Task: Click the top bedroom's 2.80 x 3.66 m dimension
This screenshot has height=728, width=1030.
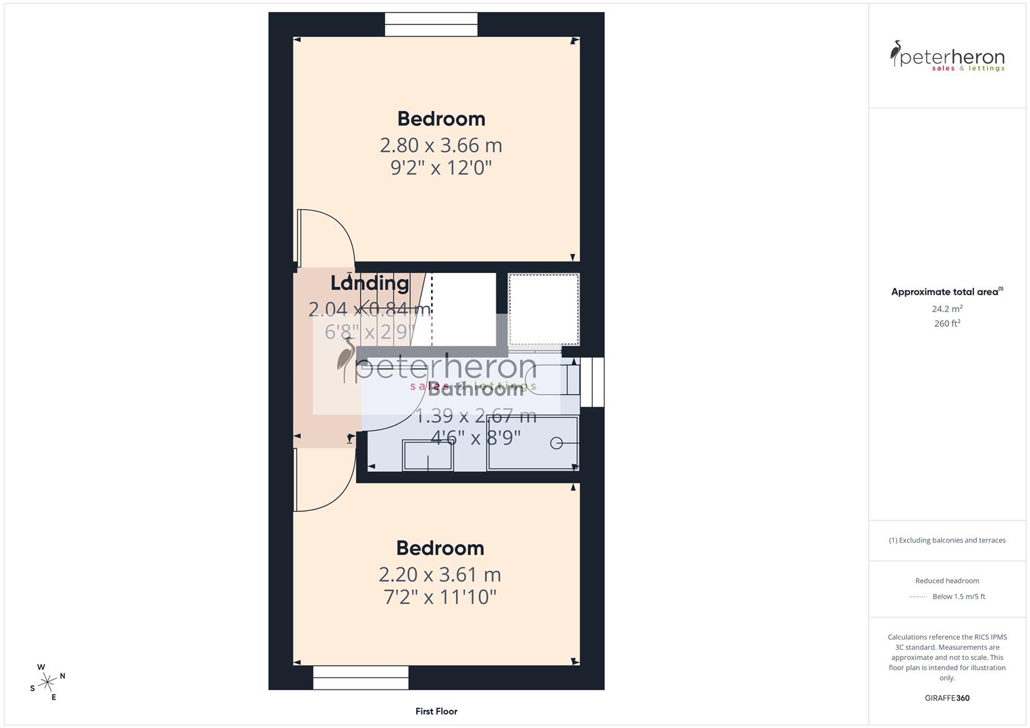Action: tap(440, 145)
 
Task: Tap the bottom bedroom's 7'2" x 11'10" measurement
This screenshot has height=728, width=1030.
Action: tap(440, 597)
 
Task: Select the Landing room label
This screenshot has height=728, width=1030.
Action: tap(370, 283)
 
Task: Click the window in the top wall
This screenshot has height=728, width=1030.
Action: tap(431, 24)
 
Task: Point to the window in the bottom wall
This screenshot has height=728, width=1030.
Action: tap(361, 677)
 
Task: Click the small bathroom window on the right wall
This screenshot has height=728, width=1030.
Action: tap(592, 382)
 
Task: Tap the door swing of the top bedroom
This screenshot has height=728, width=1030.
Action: tap(327, 236)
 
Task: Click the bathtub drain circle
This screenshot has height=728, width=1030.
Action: tap(556, 443)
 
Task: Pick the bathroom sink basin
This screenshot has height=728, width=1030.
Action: tap(428, 455)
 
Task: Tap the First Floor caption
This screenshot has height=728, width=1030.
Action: tap(436, 711)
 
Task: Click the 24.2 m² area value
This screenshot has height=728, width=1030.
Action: tap(947, 309)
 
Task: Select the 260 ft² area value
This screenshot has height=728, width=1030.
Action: tap(947, 324)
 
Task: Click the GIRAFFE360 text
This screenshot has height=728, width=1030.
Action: tap(947, 698)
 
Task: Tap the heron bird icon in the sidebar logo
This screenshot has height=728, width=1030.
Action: tap(896, 54)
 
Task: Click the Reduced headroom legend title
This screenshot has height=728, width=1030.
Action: tap(947, 580)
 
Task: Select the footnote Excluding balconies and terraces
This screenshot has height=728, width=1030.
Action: tap(947, 540)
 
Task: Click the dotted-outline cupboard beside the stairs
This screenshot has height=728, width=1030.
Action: tap(544, 309)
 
